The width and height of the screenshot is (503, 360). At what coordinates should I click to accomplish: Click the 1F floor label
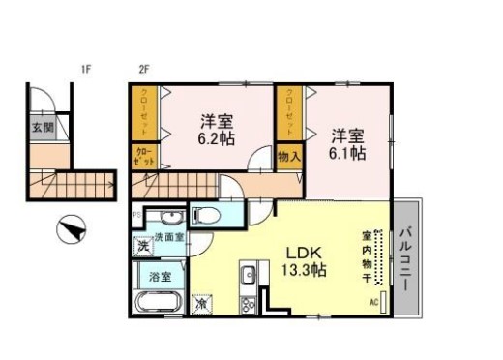point(86,70)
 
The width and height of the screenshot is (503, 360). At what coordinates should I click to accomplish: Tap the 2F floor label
point(143,70)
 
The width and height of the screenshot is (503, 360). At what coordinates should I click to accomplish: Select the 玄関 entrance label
point(42,126)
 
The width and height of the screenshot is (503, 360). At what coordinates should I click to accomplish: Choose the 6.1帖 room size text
point(345,152)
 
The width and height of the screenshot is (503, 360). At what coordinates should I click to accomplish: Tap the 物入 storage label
point(290,155)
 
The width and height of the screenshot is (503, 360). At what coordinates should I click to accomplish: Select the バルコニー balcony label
point(408,254)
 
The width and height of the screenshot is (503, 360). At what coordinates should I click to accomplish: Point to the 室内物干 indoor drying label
point(368,254)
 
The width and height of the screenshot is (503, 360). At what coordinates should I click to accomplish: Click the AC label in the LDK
point(374,303)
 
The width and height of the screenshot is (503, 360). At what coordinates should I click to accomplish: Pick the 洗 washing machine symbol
point(142,245)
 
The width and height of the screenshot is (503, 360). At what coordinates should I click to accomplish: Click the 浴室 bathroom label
point(160,276)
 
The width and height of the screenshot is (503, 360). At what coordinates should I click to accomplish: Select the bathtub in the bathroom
point(155,304)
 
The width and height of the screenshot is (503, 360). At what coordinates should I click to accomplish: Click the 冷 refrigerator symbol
point(202,303)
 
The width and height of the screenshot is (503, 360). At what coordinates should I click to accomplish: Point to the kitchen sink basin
point(247,272)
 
